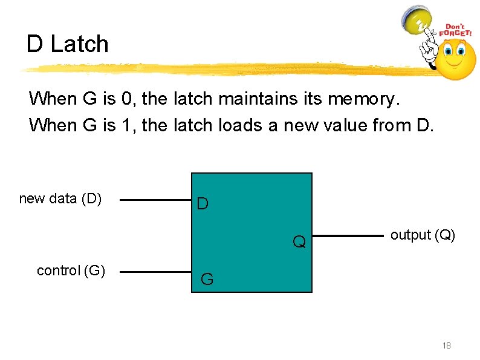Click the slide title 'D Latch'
[x=67, y=44]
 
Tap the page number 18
[x=447, y=345]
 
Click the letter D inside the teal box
[x=203, y=205]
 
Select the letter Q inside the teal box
[x=299, y=243]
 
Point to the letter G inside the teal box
[x=207, y=280]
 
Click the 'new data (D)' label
[x=60, y=198]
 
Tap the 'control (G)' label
[x=71, y=270]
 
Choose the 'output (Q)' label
[x=423, y=235]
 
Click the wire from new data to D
[x=154, y=200]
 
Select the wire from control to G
[x=154, y=272]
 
